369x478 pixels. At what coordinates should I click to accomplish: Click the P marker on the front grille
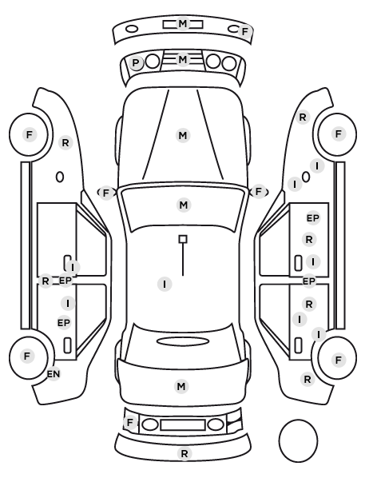coord(136,63)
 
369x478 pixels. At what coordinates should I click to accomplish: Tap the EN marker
coord(54,374)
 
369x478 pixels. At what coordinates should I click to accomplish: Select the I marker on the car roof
coord(165,284)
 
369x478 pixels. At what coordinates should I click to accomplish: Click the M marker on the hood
coord(183,135)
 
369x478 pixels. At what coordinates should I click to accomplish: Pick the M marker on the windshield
coord(184,205)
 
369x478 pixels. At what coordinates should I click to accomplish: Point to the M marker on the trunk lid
coord(181,387)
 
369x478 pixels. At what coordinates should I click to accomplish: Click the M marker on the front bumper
coord(183,23)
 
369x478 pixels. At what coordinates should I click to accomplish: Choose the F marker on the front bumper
coord(244,31)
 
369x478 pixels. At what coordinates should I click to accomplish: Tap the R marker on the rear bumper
coord(184,453)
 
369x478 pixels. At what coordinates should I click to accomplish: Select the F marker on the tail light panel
coord(130,423)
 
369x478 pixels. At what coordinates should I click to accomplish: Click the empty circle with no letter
coord(298,440)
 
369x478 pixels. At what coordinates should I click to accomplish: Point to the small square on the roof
coord(183,239)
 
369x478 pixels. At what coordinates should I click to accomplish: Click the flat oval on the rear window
coord(183,341)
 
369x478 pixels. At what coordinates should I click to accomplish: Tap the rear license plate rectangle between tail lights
coord(183,424)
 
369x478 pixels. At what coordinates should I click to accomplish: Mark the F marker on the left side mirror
coord(105,193)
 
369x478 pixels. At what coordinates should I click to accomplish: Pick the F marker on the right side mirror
coord(259,192)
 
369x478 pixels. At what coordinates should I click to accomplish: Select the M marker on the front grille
coord(183,59)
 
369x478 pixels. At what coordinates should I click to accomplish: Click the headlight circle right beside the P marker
coord(153,62)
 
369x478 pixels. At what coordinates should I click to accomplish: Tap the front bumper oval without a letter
coord(132,30)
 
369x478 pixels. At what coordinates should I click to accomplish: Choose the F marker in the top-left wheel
coord(30,134)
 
